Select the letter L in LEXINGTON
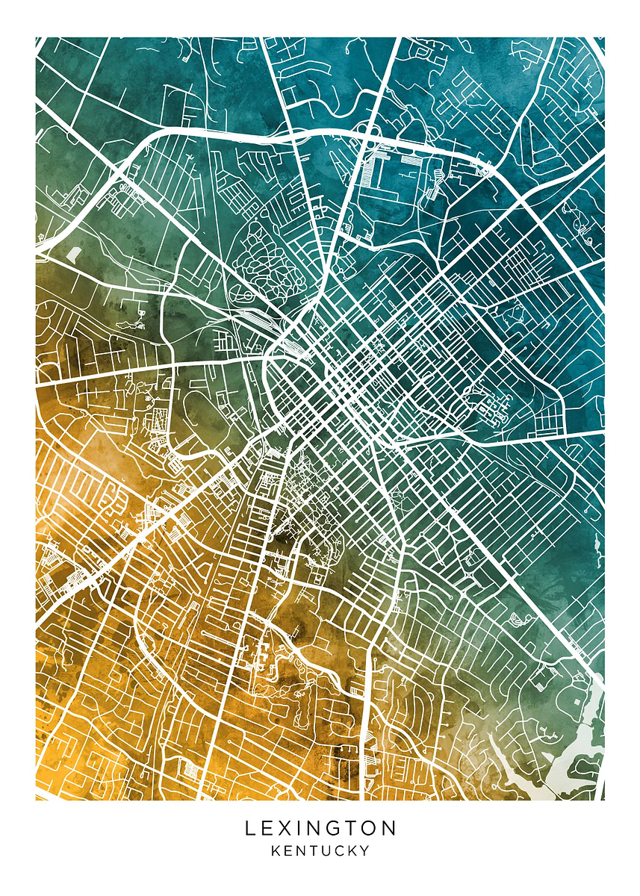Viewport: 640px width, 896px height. tap(251, 828)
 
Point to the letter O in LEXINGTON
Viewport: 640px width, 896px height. tap(370, 828)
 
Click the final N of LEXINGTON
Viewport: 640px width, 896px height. tap(388, 828)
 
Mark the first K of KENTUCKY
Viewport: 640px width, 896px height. tap(276, 850)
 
